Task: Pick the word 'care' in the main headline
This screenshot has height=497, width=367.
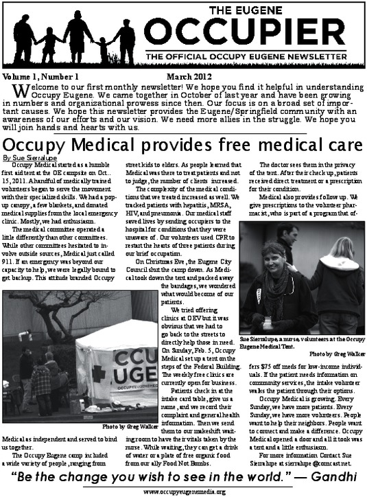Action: [x=340, y=146]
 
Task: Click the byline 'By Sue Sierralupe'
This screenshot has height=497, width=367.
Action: [x=27, y=158]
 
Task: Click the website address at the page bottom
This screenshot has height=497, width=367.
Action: [x=184, y=492]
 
